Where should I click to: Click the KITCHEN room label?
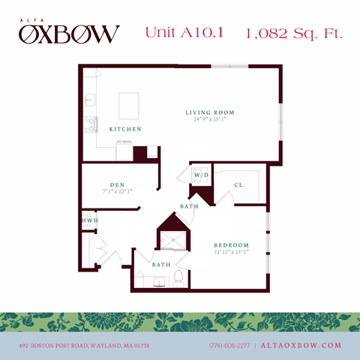(x=125, y=129)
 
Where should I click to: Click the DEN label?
(x=116, y=184)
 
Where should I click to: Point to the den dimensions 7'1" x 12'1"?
(x=116, y=191)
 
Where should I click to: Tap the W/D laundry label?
(x=201, y=175)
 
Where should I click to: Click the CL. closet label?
(x=239, y=184)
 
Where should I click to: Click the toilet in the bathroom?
(x=178, y=279)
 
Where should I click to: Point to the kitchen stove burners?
(x=90, y=122)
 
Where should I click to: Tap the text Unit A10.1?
(x=185, y=33)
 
